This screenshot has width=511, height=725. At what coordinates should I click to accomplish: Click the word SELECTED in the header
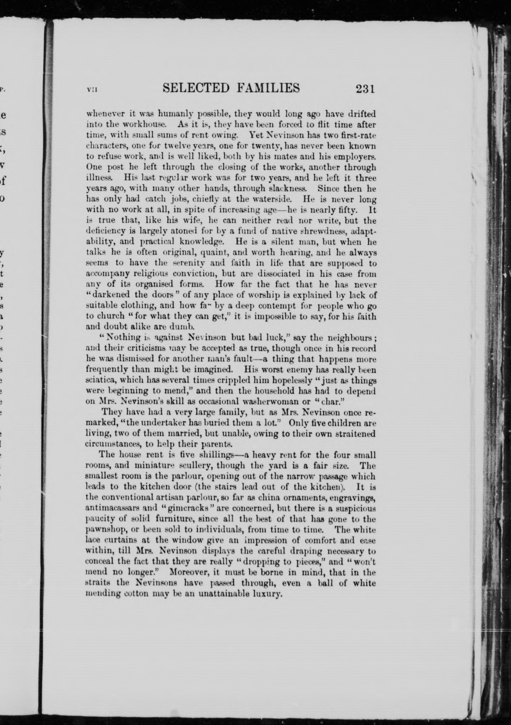[x=196, y=88]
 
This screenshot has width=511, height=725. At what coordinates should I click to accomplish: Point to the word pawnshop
[x=103, y=530]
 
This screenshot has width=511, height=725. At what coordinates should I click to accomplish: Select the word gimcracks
[x=176, y=508]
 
